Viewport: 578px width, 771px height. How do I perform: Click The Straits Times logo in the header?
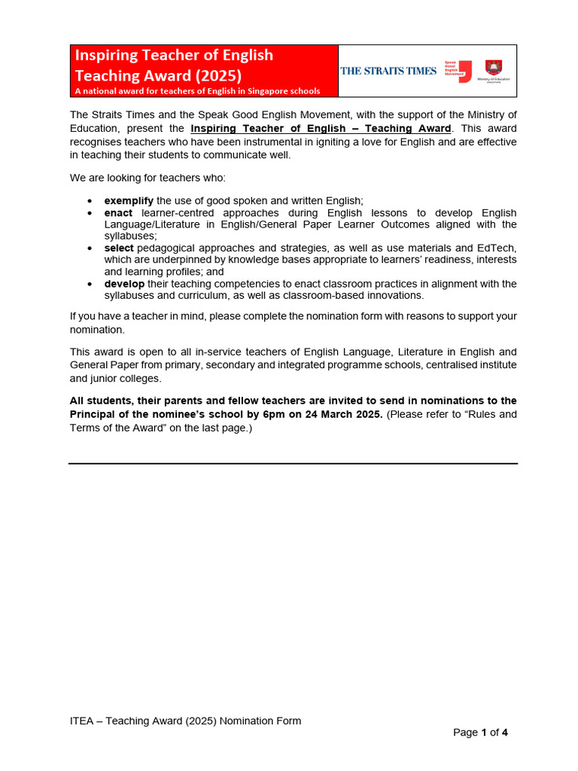coord(388,71)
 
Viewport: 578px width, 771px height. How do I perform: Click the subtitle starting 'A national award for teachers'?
coord(197,91)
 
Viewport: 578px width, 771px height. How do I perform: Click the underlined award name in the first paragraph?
coord(321,128)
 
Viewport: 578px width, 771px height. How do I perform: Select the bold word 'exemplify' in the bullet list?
coord(129,200)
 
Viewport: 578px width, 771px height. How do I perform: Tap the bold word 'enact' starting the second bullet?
coord(119,213)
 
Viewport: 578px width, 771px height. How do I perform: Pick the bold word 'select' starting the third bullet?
coord(119,248)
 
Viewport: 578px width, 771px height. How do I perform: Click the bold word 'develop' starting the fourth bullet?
coord(124,284)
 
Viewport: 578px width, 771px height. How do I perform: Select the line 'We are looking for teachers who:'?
coord(148,178)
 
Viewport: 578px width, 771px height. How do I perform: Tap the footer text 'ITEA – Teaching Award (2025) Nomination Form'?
coord(185,721)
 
